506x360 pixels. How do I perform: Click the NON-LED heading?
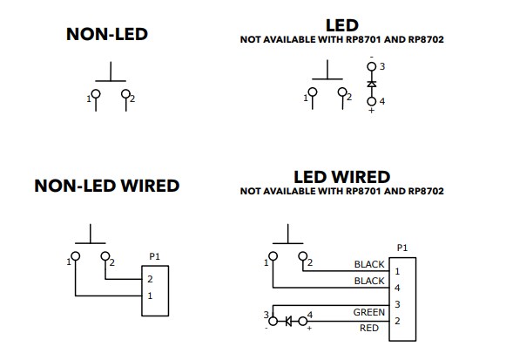(107, 36)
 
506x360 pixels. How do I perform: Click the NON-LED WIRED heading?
(106, 186)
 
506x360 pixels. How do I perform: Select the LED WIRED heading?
(341, 178)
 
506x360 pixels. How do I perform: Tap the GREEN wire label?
(369, 311)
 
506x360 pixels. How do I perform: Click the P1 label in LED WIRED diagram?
(401, 248)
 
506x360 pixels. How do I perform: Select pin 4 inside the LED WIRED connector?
(397, 287)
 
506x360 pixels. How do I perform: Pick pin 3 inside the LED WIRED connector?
(397, 304)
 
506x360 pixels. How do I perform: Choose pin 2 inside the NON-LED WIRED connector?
(150, 279)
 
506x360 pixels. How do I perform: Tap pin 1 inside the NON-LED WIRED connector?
(150, 296)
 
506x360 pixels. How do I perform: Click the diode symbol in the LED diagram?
(372, 84)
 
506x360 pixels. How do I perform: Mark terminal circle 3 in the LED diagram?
(372, 66)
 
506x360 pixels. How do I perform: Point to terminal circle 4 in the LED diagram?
(372, 102)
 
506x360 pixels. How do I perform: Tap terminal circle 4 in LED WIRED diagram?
(303, 321)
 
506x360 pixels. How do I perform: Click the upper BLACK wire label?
(369, 264)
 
